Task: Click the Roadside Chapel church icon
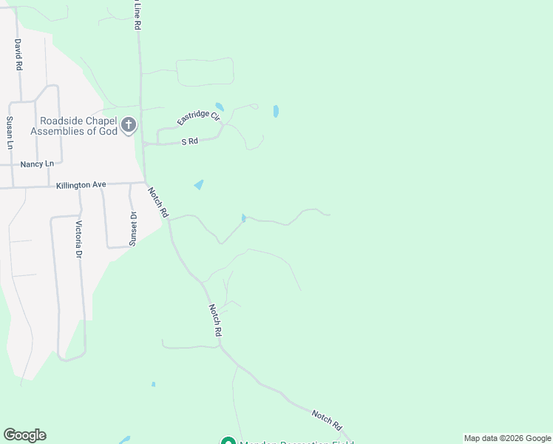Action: point(129,124)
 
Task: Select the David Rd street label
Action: point(18,55)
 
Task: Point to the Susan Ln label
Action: point(10,132)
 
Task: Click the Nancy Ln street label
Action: point(38,164)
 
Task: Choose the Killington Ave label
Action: point(81,185)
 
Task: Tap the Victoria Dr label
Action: point(78,239)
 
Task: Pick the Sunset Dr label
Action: point(134,229)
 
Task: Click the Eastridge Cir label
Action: point(198,117)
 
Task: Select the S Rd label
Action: point(190,141)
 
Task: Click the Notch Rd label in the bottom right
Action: point(327,420)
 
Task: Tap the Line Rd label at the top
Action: point(138,15)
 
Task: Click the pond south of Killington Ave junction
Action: point(199,184)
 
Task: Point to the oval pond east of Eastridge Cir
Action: point(276,111)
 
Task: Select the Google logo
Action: point(24,435)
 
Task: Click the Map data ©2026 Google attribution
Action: point(507,438)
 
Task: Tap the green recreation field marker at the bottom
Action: point(228,441)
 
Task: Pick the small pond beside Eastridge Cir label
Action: point(219,107)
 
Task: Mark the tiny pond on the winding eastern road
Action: point(243,218)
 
